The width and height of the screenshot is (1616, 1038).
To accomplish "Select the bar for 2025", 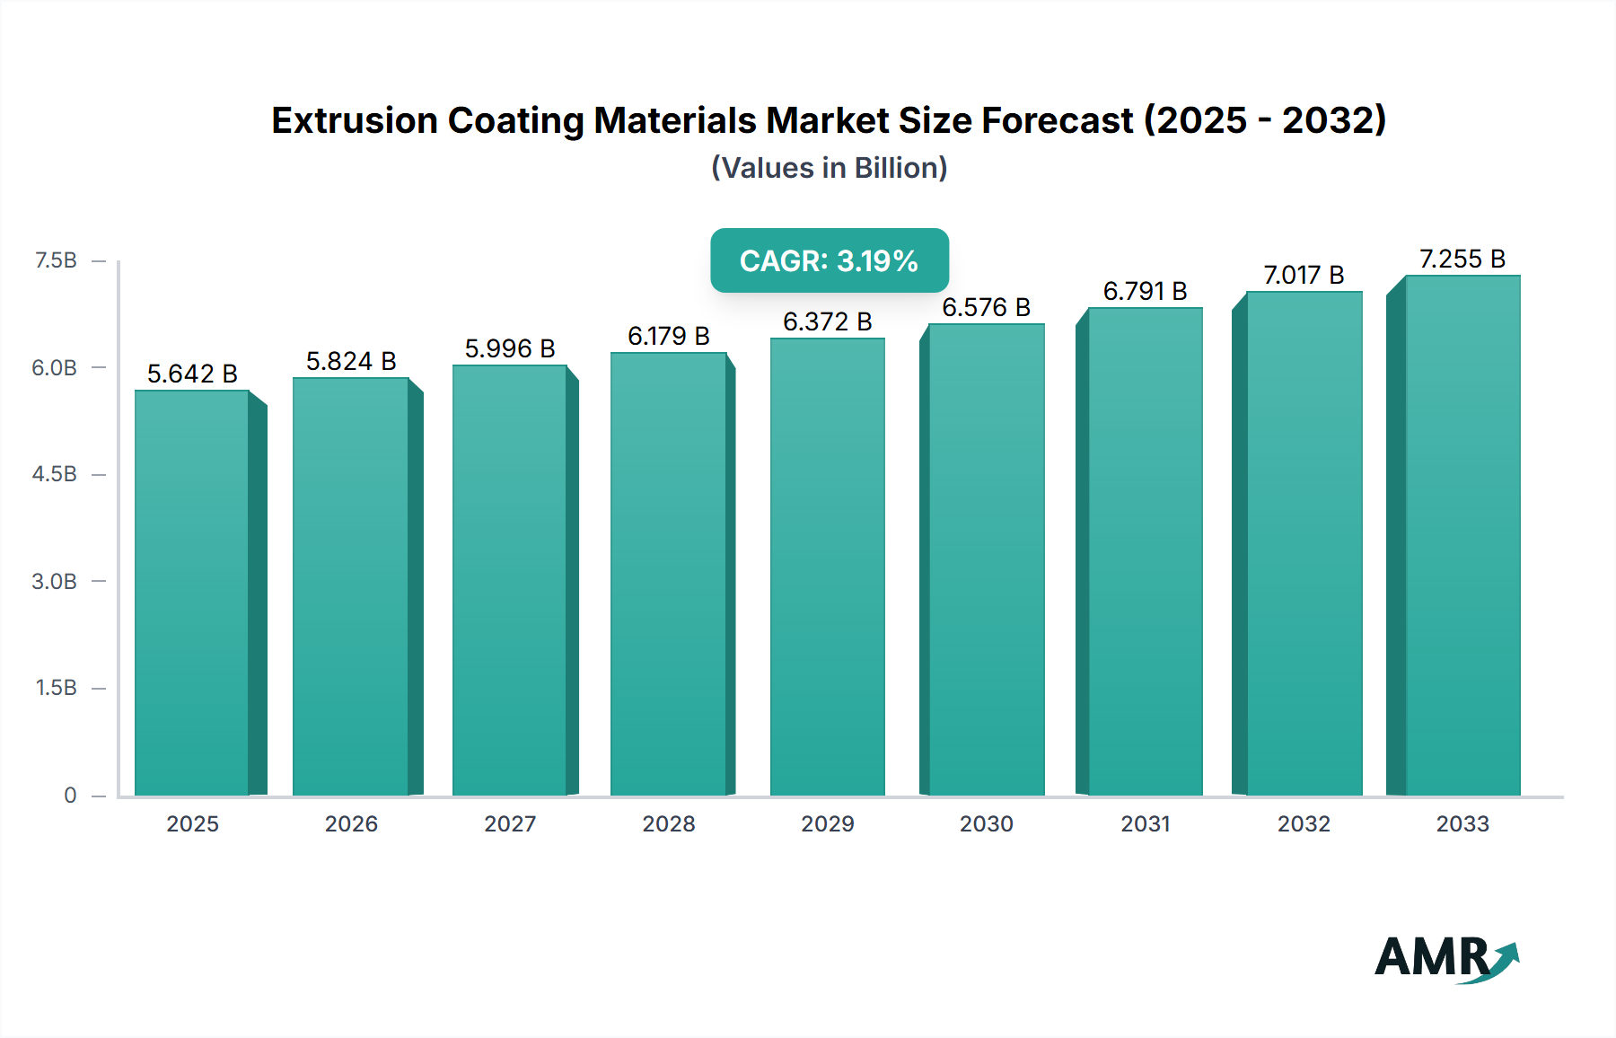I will pos(192,593).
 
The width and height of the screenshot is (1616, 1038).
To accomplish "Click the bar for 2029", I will pos(827,566).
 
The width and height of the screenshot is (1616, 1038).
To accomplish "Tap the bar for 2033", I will pos(1462,535).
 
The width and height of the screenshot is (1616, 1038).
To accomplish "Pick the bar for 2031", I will pos(1145,551).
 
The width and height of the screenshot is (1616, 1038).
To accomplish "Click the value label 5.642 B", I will pos(192,374).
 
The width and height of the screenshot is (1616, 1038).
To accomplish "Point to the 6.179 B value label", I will pos(669,336).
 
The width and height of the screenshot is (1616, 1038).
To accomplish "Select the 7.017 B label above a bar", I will pos(1304,275).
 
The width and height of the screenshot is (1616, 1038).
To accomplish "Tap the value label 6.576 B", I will pos(986,307).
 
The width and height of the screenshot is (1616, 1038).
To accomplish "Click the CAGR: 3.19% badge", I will pos(829,260).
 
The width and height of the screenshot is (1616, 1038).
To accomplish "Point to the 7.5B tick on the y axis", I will pos(56,260).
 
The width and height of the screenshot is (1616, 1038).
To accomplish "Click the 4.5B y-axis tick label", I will pos(55,474).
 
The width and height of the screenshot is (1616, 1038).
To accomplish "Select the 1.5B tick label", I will pos(56,688).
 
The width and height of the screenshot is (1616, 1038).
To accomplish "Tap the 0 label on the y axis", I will pos(70,795).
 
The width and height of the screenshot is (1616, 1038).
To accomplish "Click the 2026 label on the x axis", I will pos(351,823).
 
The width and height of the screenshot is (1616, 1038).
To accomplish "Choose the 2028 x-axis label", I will pos(669,823).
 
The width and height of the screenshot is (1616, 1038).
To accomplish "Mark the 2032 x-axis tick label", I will pos(1304,823).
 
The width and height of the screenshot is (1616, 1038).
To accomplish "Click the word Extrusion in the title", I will pos(354,120).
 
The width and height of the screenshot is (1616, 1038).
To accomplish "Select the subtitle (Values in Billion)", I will pos(829,168).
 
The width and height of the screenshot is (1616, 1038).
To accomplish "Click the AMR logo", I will pos(1445,958).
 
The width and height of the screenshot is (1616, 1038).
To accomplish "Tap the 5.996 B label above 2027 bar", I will pos(510,348).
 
